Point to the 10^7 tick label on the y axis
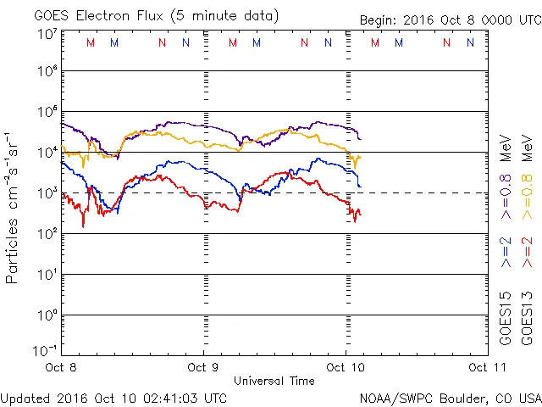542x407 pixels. point(47,35)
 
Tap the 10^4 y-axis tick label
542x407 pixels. point(47,151)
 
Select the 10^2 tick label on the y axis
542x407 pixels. point(47,232)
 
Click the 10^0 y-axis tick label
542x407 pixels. point(47,314)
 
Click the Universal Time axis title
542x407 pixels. point(274,381)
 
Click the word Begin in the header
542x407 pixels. point(378,20)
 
